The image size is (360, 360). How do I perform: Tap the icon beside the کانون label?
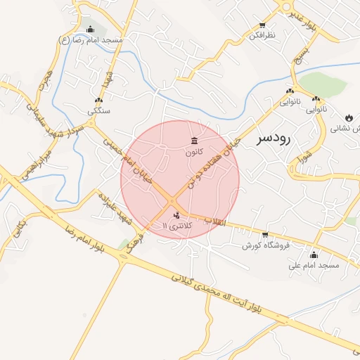194,141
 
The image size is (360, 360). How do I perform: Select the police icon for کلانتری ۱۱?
176,214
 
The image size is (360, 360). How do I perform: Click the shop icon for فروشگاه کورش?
264,235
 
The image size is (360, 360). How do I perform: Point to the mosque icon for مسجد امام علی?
314,255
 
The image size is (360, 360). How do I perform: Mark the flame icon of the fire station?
349,117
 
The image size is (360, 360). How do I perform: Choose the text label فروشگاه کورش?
262,245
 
